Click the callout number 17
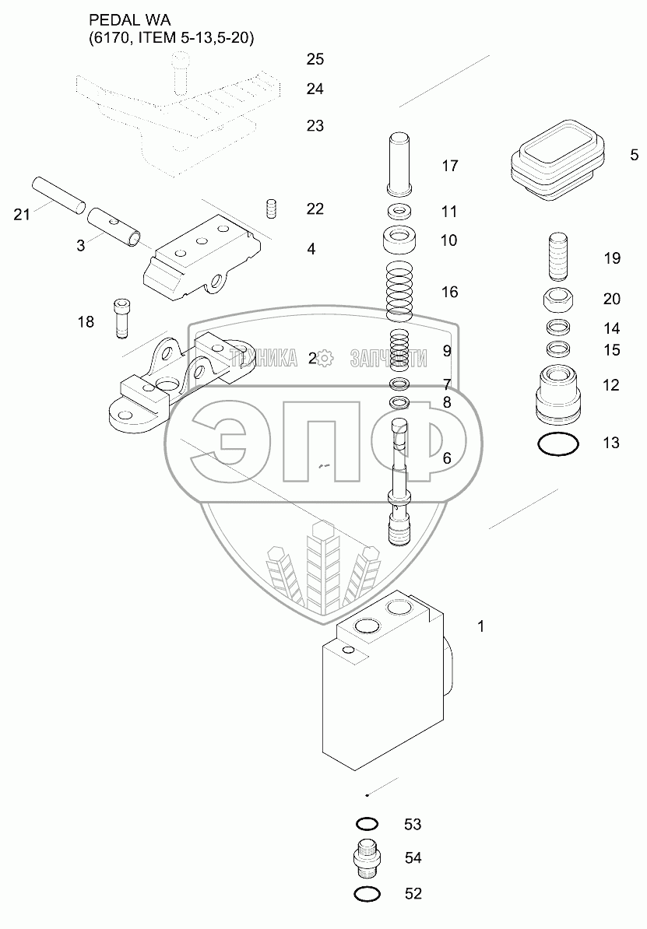pyautogui.click(x=449, y=166)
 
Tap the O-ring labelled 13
pyautogui.click(x=558, y=445)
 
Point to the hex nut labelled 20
pyautogui.click(x=557, y=298)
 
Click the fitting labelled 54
pyautogui.click(x=367, y=858)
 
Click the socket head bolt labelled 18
pyautogui.click(x=121, y=318)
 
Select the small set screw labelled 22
pyautogui.click(x=272, y=209)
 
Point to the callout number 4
pyautogui.click(x=311, y=250)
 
